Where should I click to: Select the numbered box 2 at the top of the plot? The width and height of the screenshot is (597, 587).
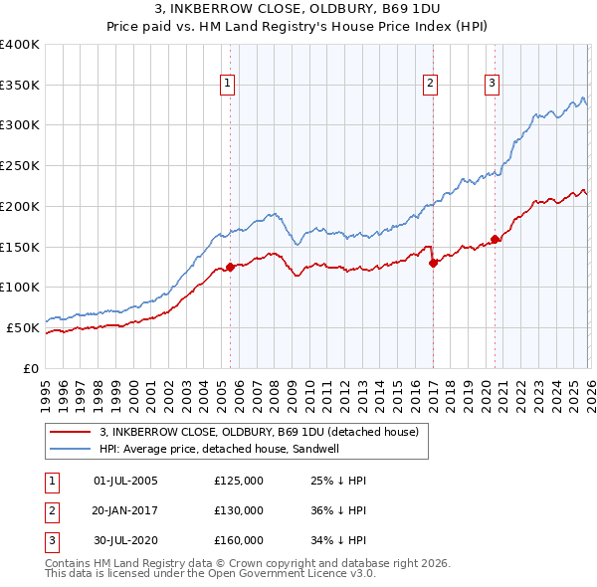[x=431, y=84]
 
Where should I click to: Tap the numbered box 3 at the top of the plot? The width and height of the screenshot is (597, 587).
[x=493, y=84]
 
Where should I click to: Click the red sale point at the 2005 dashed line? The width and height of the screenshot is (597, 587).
[x=230, y=267]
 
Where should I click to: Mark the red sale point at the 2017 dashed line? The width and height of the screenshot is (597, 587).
[x=433, y=263]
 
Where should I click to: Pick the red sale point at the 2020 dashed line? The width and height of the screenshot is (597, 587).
[x=495, y=239]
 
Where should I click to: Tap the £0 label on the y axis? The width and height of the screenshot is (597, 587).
[x=30, y=368]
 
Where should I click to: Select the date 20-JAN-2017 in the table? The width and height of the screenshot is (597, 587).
[x=125, y=510]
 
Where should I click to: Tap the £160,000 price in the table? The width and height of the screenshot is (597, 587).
[x=239, y=540]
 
